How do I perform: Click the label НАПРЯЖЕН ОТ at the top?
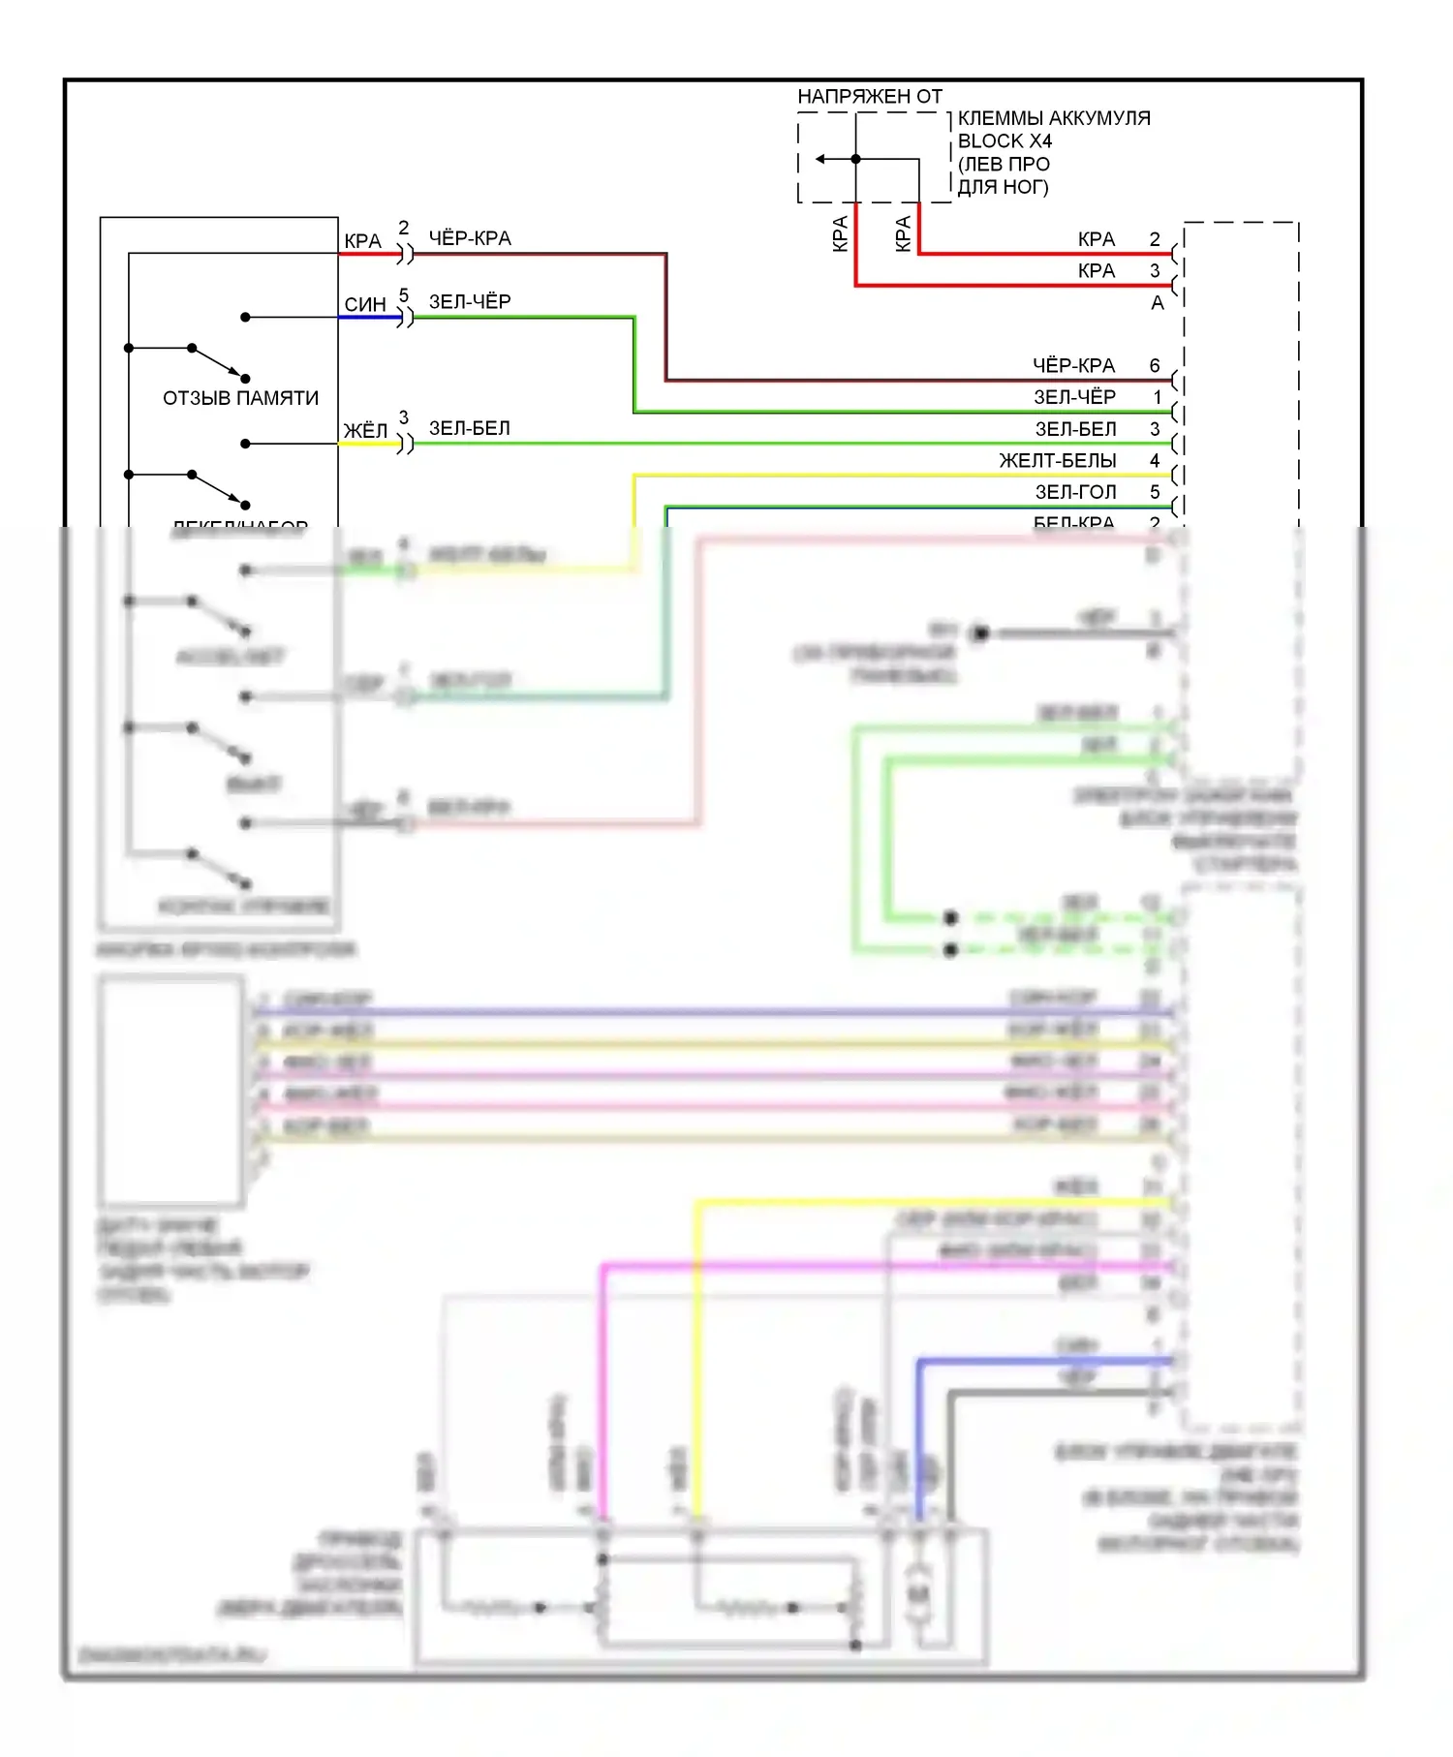(x=869, y=96)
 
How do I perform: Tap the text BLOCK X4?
(x=1005, y=141)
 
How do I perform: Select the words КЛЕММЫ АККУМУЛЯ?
(x=1054, y=118)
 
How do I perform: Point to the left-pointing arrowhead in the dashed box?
(x=820, y=159)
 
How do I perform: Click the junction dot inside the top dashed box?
(x=855, y=159)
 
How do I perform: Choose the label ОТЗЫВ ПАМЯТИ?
(x=240, y=398)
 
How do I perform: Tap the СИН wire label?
(x=365, y=304)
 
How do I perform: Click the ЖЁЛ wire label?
(x=365, y=430)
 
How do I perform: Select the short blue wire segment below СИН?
(x=369, y=317)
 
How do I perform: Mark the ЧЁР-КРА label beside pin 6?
(x=1073, y=366)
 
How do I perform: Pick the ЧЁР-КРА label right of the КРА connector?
(x=470, y=238)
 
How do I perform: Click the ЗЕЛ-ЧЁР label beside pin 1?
(x=1074, y=397)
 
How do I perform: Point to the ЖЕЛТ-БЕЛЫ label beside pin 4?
(x=1058, y=461)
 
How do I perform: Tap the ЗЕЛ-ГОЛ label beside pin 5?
(x=1075, y=492)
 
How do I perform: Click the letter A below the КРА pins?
(x=1157, y=303)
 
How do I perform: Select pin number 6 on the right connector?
(x=1155, y=366)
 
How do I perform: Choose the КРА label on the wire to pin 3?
(x=1097, y=271)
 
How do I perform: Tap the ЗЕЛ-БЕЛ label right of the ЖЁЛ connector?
(x=470, y=428)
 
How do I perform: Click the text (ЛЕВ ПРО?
(x=1004, y=165)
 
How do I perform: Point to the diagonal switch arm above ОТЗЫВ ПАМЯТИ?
(x=218, y=362)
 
